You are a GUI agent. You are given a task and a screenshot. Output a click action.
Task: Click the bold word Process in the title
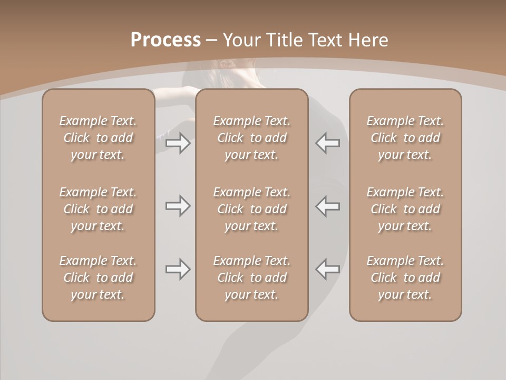point(166,40)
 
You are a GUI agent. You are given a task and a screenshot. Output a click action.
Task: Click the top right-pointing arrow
point(178,143)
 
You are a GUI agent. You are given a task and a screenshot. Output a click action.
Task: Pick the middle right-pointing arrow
point(178,206)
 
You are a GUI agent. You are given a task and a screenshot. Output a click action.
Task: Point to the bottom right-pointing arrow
point(178,269)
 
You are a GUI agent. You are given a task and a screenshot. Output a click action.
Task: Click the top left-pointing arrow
point(327,143)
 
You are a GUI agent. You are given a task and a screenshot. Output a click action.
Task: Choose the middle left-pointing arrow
point(327,206)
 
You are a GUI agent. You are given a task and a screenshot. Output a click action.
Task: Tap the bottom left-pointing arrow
point(327,269)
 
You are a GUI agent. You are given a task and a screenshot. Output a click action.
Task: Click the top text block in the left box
point(98,138)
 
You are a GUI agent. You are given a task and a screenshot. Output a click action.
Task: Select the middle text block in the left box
point(98,209)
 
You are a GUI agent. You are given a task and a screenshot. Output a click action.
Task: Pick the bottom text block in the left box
point(98,278)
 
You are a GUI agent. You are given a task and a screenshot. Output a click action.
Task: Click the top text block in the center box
point(251,138)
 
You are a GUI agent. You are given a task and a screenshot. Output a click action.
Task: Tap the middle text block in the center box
point(251,209)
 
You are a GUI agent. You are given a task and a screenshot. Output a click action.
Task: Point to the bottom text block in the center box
point(251,278)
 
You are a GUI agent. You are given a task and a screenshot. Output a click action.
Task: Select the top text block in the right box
point(405,138)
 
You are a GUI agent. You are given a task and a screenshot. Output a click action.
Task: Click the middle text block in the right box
point(405,209)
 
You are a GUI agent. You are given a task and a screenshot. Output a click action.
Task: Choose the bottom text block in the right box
point(405,278)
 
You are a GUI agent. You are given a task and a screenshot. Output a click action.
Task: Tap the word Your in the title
point(241,40)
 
